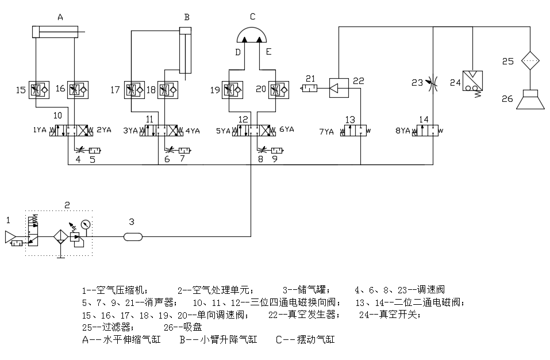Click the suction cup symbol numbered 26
coord(530,99)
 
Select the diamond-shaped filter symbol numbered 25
coord(530,61)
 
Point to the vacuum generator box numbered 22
coord(339,88)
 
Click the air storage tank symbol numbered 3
coord(133,237)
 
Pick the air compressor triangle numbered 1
coord(9,237)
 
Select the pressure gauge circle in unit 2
coord(85,224)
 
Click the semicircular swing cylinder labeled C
coord(252,35)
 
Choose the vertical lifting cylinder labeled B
coord(186,51)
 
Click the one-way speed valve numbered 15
coord(39,90)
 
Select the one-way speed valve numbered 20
coord(279,90)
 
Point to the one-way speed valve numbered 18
coord(168,90)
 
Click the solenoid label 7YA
coord(326,132)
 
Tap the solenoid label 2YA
coord(104,130)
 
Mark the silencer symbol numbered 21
coord(309,88)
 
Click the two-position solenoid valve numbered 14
coord(425,130)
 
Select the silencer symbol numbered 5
coord(94,151)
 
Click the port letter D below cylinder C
coord(238,52)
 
